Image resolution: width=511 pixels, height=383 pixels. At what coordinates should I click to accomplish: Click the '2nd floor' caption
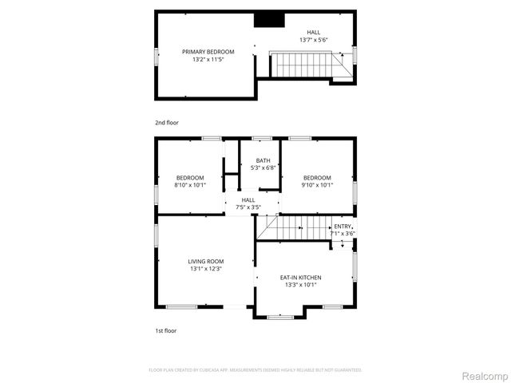pyautogui.click(x=167, y=123)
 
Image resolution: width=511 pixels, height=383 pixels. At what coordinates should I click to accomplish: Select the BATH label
pyautogui.click(x=263, y=160)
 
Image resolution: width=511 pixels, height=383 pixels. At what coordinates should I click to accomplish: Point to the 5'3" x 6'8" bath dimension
pyautogui.click(x=263, y=168)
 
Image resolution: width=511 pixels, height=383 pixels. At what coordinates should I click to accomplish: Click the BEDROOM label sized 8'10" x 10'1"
pyautogui.click(x=190, y=177)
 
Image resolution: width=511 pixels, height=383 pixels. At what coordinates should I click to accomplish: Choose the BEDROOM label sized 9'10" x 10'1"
pyautogui.click(x=317, y=177)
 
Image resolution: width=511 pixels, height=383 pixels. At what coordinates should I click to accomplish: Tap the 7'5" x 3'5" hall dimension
pyautogui.click(x=248, y=207)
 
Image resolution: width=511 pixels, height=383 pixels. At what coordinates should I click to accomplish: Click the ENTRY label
pyautogui.click(x=343, y=226)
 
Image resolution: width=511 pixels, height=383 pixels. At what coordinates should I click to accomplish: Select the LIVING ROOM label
pyautogui.click(x=205, y=261)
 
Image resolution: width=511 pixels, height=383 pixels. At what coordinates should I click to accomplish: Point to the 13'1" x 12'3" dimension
pyautogui.click(x=205, y=269)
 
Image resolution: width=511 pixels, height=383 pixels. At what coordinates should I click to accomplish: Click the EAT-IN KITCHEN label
pyautogui.click(x=301, y=277)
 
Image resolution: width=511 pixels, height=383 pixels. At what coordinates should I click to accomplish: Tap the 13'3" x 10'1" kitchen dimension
pyautogui.click(x=301, y=285)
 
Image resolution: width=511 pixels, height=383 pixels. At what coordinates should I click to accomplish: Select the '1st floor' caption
pyautogui.click(x=166, y=330)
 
